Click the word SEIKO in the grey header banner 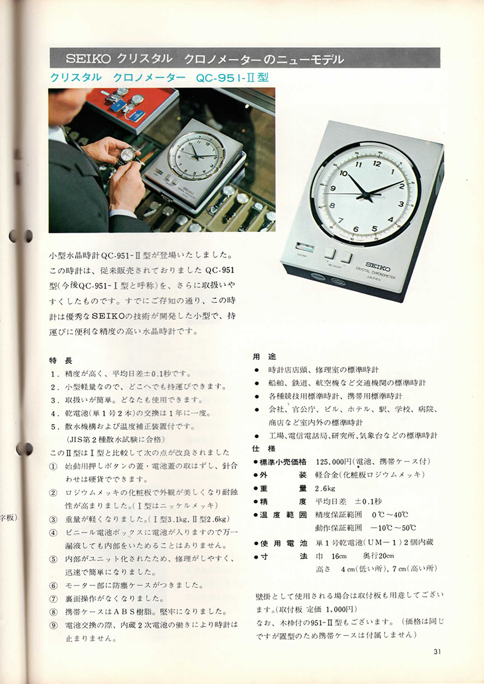(90, 59)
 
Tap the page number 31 (438, 652)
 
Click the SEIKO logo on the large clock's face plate (378, 265)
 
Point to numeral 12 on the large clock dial (377, 164)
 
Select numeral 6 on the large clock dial (356, 229)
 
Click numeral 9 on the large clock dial (333, 188)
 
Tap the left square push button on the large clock (330, 253)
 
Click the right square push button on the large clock (346, 257)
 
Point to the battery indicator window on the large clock (304, 247)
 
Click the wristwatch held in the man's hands (128, 155)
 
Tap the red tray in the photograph (132, 108)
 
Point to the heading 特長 (60, 360)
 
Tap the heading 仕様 (264, 448)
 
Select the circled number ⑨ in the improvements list (53, 625)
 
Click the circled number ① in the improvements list (53, 467)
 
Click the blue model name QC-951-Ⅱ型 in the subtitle (232, 78)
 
